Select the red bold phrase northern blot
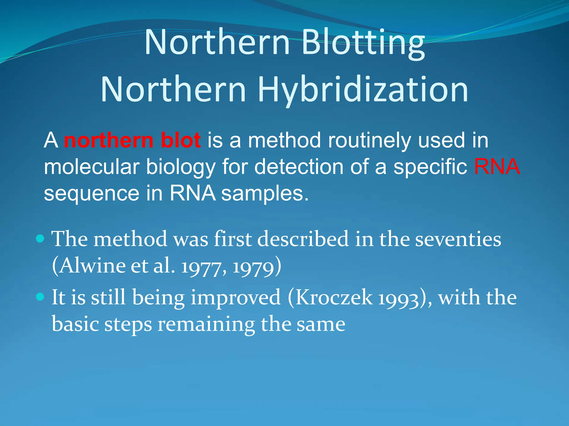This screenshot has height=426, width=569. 132,140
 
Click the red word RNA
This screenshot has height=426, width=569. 496,167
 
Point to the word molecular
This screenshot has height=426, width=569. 92,167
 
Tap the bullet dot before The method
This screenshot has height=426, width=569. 40,239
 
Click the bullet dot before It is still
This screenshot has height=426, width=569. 40,297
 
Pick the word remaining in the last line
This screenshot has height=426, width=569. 206,324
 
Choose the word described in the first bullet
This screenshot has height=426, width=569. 303,239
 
